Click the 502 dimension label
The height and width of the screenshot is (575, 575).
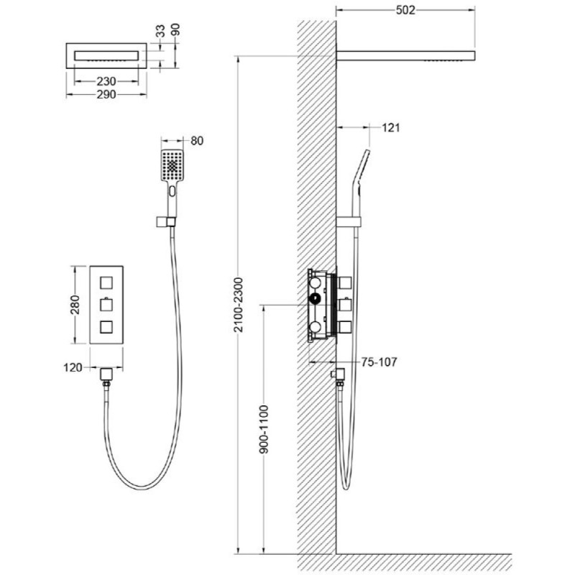(405, 10)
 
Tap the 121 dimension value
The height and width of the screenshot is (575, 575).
(390, 128)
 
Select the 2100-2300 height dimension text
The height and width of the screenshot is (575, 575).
(239, 305)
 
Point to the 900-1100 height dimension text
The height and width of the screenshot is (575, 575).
(264, 429)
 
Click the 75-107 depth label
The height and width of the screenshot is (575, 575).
(379, 362)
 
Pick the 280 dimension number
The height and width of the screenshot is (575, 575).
(75, 305)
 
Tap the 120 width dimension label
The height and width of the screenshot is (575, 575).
(73, 367)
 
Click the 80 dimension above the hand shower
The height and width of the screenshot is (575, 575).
(197, 141)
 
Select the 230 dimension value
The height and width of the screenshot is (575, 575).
(106, 81)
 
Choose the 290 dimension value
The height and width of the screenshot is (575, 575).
(106, 95)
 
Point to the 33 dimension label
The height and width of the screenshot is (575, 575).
(160, 31)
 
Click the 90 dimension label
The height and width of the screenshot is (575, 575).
(175, 29)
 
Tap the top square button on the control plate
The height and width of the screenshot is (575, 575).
(106, 283)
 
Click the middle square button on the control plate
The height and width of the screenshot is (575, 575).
(106, 305)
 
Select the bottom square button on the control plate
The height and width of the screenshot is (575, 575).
(106, 326)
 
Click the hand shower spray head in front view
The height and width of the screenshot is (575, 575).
(172, 165)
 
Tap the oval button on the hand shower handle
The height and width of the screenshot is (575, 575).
(172, 191)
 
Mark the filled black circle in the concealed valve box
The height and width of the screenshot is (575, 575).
(315, 299)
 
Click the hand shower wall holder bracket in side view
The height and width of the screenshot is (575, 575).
(349, 221)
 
